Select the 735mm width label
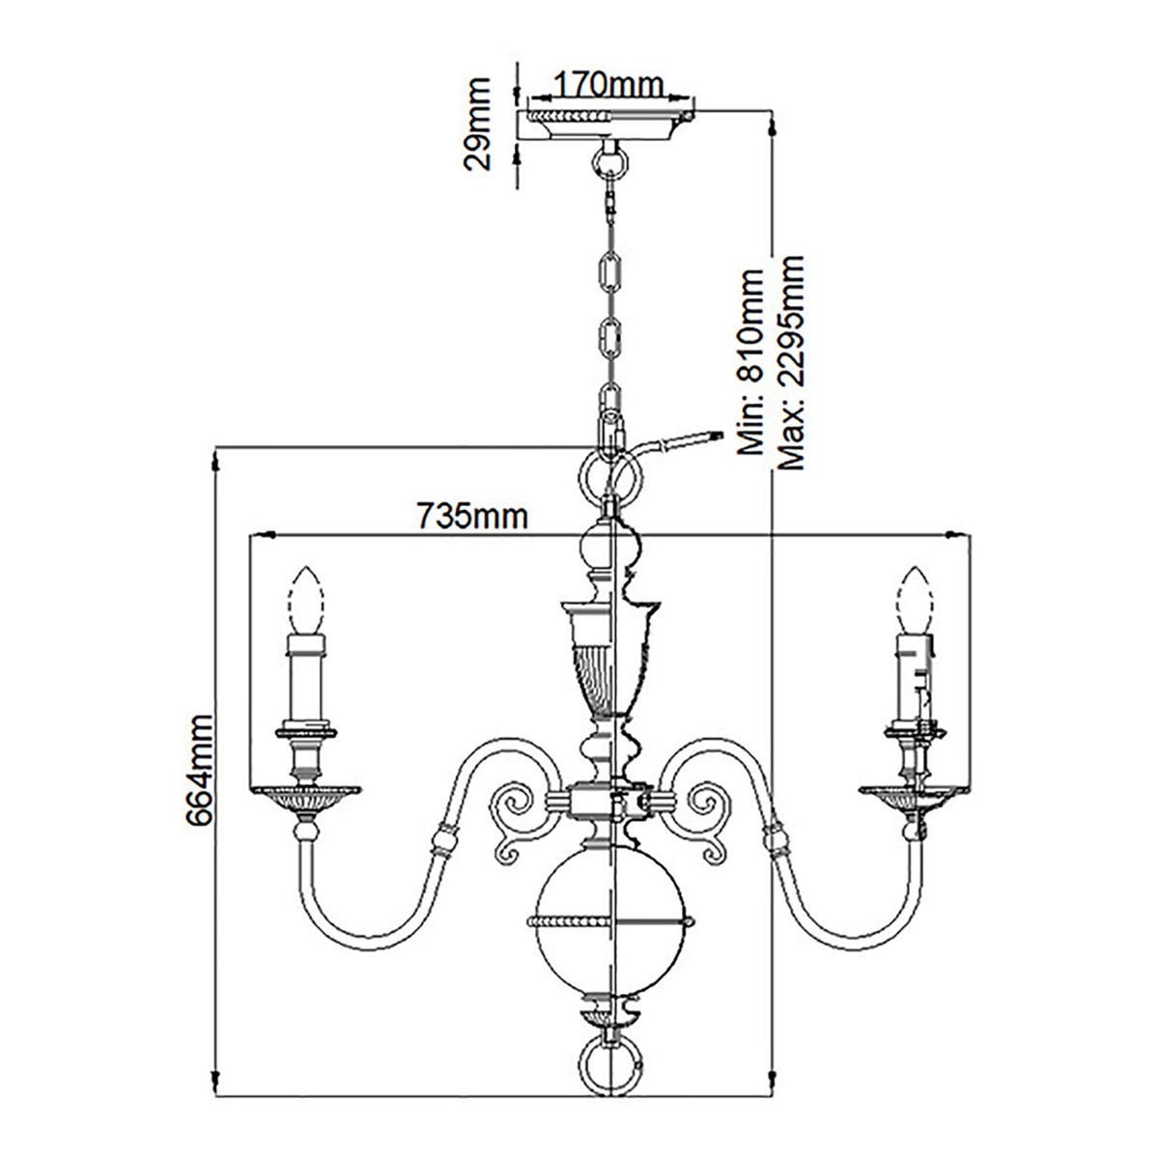tap(472, 517)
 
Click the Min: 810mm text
tap(751, 362)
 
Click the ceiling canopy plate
tap(608, 122)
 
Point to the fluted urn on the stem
tap(609, 657)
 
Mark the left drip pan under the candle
tap(307, 795)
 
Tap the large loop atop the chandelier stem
tap(609, 475)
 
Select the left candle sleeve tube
tap(307, 676)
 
